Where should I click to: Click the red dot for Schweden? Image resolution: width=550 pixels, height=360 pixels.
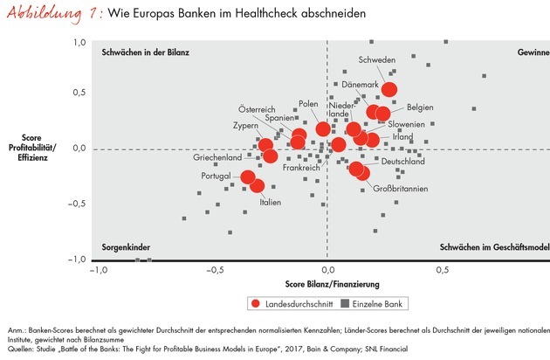click(x=389, y=90)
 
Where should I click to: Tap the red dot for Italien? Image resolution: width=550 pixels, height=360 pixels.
click(x=258, y=185)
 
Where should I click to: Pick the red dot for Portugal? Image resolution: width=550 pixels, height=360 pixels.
click(x=248, y=177)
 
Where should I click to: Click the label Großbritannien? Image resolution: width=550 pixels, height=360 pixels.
click(x=401, y=189)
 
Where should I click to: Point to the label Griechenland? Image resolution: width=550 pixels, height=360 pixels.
click(x=217, y=157)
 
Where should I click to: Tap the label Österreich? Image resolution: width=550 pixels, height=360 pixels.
click(x=258, y=109)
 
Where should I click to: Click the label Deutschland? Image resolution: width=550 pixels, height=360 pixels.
click(x=403, y=162)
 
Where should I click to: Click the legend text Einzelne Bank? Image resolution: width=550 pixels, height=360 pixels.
click(x=380, y=303)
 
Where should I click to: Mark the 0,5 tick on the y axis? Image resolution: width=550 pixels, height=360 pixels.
click(x=79, y=93)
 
